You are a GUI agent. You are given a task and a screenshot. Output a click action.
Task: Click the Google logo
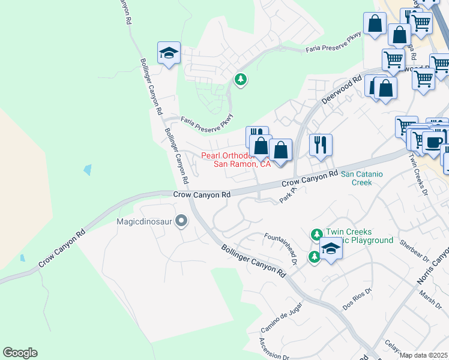click(x=20, y=353)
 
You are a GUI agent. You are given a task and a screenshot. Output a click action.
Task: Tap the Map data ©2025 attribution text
click(x=424, y=355)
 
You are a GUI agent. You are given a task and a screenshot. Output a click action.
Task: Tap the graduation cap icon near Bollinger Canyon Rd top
click(x=169, y=53)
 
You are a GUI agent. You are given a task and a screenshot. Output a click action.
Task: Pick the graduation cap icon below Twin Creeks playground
click(x=330, y=248)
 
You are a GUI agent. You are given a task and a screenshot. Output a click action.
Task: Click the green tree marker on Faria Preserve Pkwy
click(x=241, y=79)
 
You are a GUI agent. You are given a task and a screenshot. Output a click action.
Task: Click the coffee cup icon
click(x=433, y=142)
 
